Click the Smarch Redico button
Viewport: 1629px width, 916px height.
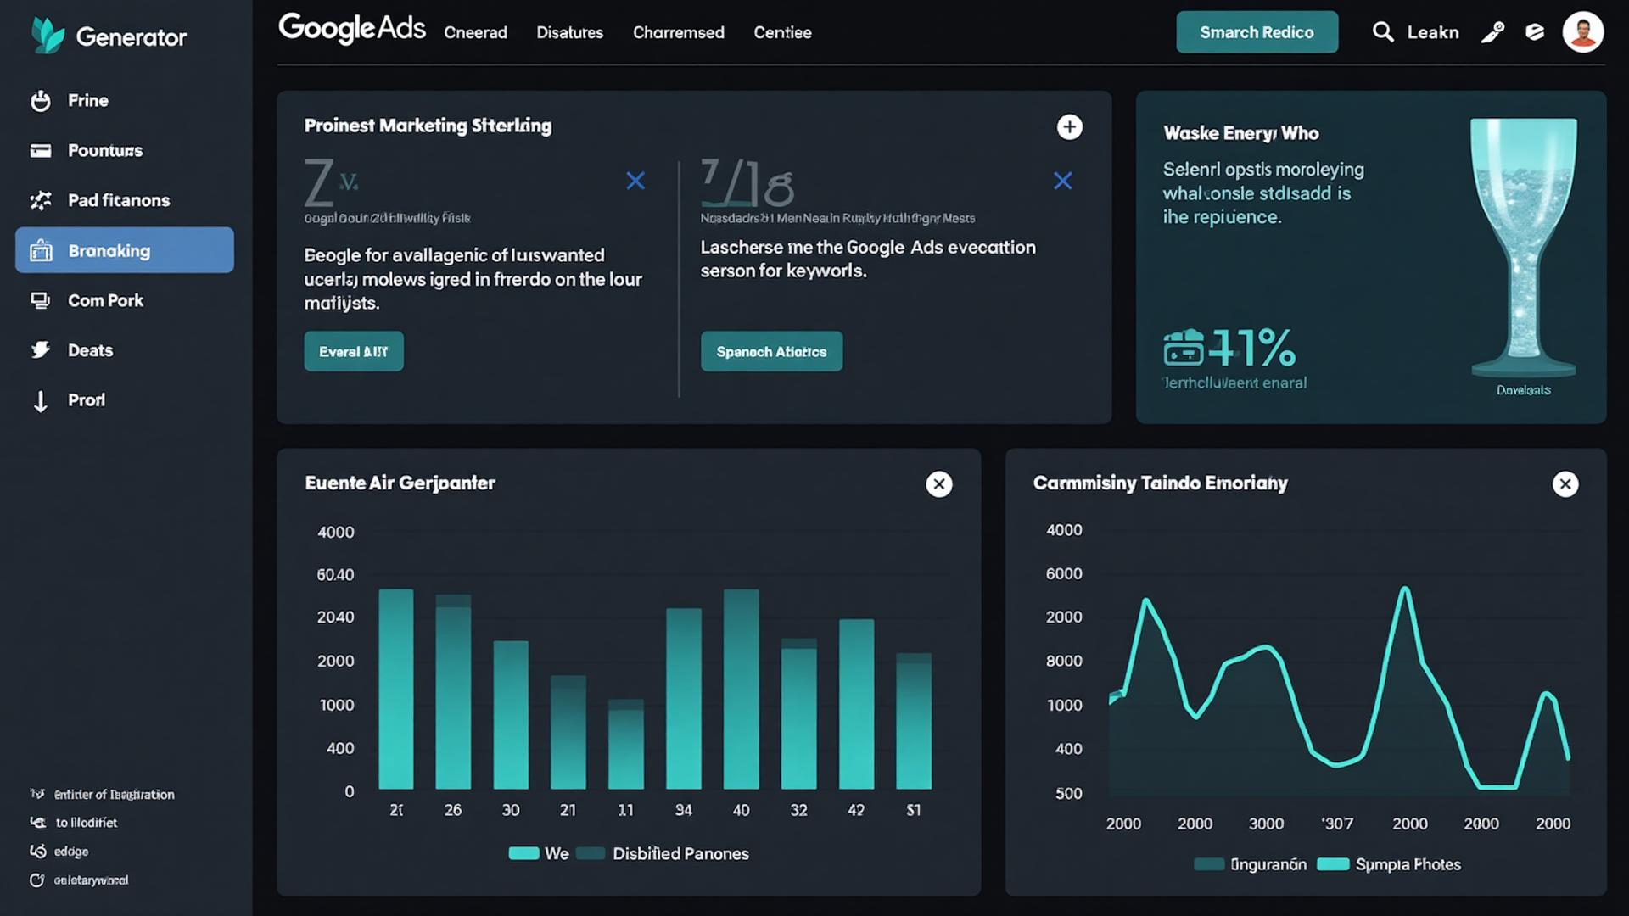pyautogui.click(x=1257, y=32)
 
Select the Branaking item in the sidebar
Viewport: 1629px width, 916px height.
pyautogui.click(x=125, y=250)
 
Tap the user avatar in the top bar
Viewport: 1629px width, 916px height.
pyautogui.click(x=1582, y=32)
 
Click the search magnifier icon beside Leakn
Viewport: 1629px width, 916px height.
pyautogui.click(x=1383, y=32)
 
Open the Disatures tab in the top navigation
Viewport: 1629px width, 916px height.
pyautogui.click(x=569, y=32)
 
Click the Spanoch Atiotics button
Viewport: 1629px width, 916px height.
pyautogui.click(x=771, y=351)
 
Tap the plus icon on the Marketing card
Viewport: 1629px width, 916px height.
pyautogui.click(x=1069, y=127)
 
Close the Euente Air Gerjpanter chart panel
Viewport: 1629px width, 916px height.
pyautogui.click(x=938, y=484)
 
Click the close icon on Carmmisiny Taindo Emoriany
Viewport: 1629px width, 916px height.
pyautogui.click(x=1565, y=484)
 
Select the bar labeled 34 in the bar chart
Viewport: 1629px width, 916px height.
pyautogui.click(x=683, y=700)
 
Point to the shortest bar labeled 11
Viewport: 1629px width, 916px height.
pyautogui.click(x=625, y=746)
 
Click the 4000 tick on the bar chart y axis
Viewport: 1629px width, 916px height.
pyautogui.click(x=335, y=533)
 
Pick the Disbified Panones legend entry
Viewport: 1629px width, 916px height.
pyautogui.click(x=680, y=853)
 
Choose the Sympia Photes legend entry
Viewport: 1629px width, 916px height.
pyautogui.click(x=1407, y=864)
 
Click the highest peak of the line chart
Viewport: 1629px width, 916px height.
pyautogui.click(x=1405, y=589)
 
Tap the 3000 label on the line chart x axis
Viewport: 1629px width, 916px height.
pyautogui.click(x=1266, y=824)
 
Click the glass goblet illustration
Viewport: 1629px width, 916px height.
pyautogui.click(x=1524, y=246)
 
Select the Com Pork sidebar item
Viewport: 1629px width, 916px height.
pyautogui.click(x=105, y=300)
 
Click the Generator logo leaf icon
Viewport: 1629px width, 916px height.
pyautogui.click(x=48, y=36)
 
